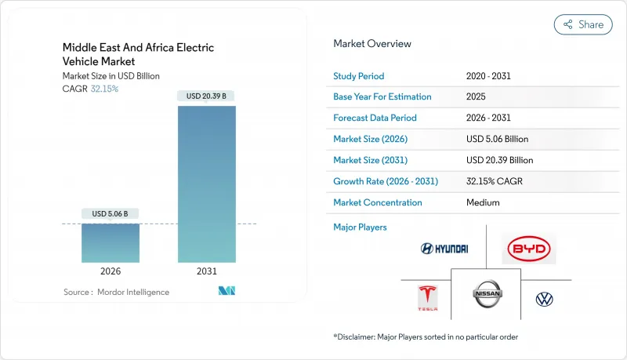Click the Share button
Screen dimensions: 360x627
tap(583, 24)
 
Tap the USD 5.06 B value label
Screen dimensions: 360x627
tap(111, 213)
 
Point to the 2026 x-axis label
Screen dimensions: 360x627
tap(111, 271)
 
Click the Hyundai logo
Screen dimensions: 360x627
tap(444, 249)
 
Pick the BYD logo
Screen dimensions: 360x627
tap(530, 249)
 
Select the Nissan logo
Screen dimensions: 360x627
tap(487, 295)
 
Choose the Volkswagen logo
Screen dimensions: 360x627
tap(544, 299)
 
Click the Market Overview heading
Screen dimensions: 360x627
tap(371, 43)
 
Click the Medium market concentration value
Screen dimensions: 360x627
tap(483, 202)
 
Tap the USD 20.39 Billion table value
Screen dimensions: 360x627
tap(499, 160)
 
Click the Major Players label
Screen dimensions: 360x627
tap(360, 227)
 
